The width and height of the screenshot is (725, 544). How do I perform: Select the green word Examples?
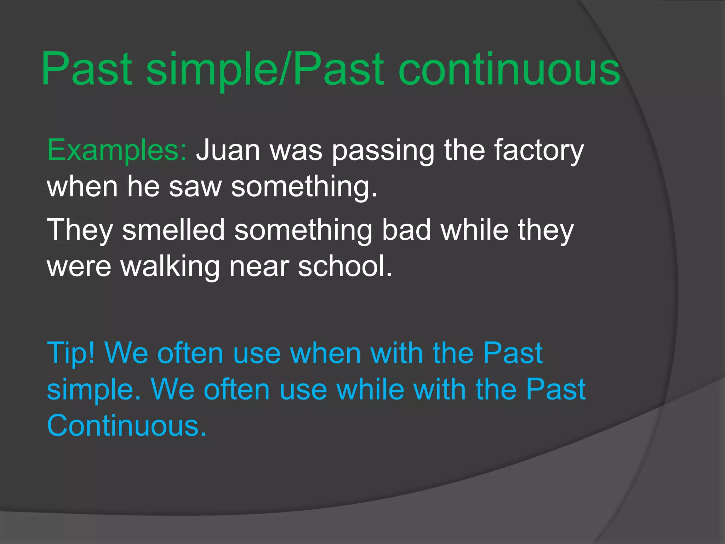tap(117, 151)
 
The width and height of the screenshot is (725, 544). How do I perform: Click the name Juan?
tap(228, 151)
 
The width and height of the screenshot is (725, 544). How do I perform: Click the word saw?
tap(195, 187)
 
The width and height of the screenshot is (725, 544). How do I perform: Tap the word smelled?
tap(173, 230)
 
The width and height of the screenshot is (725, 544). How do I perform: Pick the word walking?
tap(170, 267)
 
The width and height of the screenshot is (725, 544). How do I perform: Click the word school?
tap(345, 266)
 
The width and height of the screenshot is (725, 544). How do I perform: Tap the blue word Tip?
tap(71, 353)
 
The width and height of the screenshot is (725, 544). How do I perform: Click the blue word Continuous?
tap(126, 425)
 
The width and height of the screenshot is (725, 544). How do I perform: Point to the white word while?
tap(474, 230)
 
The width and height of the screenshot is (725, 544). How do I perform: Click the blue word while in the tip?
tap(370, 389)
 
